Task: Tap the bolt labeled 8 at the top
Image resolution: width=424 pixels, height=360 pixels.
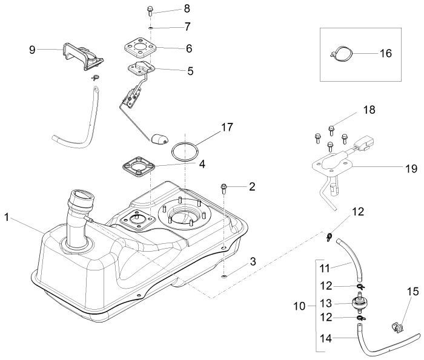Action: (x=150, y=10)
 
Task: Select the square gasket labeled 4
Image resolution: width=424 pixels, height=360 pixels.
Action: (x=139, y=164)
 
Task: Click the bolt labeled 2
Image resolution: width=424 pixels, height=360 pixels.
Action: (x=224, y=187)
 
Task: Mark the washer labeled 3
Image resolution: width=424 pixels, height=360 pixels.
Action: (x=225, y=277)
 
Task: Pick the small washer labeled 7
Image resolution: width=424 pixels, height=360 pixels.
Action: (x=150, y=27)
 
